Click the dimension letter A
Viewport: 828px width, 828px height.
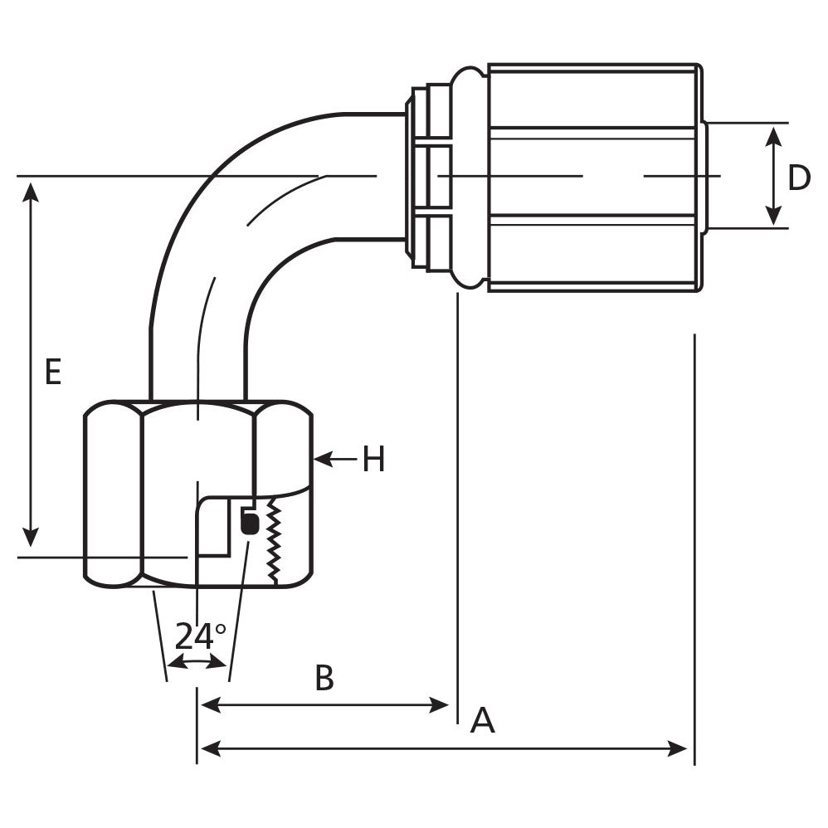point(482,721)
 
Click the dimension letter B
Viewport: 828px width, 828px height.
point(324,678)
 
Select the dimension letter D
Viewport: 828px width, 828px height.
point(799,178)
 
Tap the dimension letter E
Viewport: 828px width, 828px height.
point(53,373)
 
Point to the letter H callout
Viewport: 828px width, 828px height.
point(374,459)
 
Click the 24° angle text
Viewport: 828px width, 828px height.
point(200,636)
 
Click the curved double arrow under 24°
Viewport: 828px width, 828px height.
point(197,662)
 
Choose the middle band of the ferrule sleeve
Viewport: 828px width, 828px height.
point(593,177)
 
